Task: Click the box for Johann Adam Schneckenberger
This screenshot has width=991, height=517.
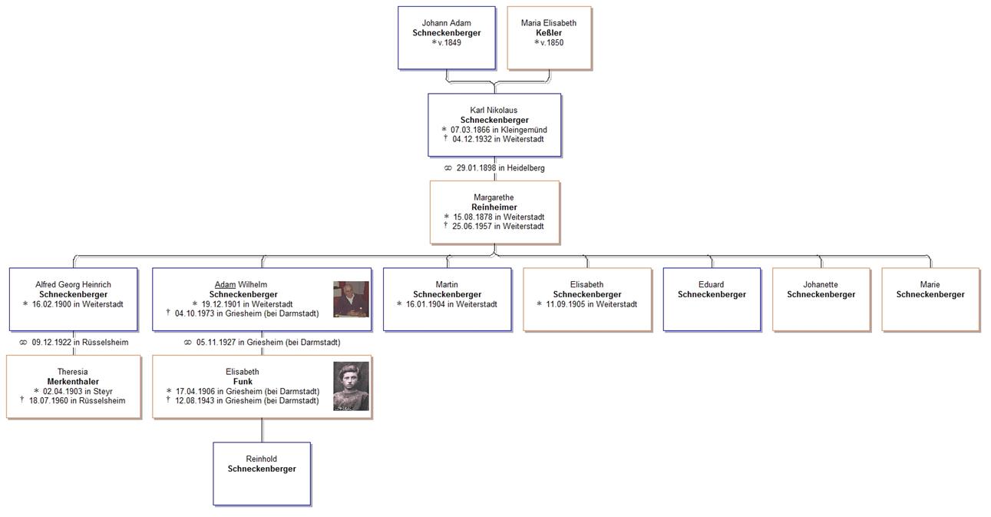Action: coord(446,38)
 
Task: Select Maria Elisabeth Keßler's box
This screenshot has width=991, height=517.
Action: coord(549,38)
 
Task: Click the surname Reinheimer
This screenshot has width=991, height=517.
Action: coord(494,207)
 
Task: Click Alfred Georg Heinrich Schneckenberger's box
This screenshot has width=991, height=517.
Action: coord(73,299)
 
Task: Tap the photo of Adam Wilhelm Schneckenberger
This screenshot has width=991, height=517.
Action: coord(351,299)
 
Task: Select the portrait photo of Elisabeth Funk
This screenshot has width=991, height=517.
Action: coord(351,386)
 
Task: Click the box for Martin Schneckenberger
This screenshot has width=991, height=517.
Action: coord(447,299)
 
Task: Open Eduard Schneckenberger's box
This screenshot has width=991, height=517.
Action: coord(712,299)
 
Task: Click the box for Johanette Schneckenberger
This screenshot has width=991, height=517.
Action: coord(821,299)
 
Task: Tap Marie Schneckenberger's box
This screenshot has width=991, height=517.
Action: coord(930,299)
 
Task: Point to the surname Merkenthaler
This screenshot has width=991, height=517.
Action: coord(73,382)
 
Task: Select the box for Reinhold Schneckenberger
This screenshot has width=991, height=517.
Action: coord(262,473)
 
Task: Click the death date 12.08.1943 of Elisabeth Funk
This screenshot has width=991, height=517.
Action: coord(246,401)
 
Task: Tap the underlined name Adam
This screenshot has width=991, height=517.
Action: coord(225,285)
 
